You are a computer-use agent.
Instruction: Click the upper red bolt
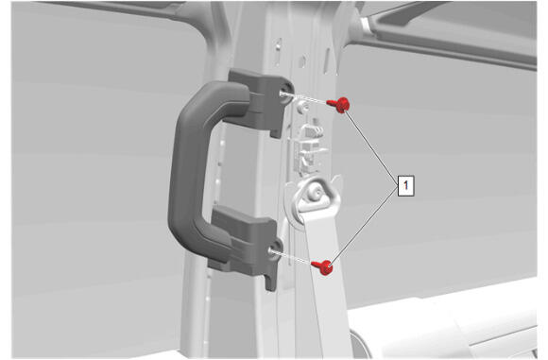(339, 105)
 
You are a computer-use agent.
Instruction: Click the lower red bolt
(323, 267)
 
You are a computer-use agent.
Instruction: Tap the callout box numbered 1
(405, 185)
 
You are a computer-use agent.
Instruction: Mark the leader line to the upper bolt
(371, 146)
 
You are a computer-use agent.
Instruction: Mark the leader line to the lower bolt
(365, 227)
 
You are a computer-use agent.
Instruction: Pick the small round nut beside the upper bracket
(301, 106)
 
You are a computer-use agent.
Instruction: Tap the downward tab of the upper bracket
(276, 129)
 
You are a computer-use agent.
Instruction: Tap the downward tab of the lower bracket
(271, 283)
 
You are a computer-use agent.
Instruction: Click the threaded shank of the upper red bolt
(331, 102)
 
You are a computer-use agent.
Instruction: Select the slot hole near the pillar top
(278, 52)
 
